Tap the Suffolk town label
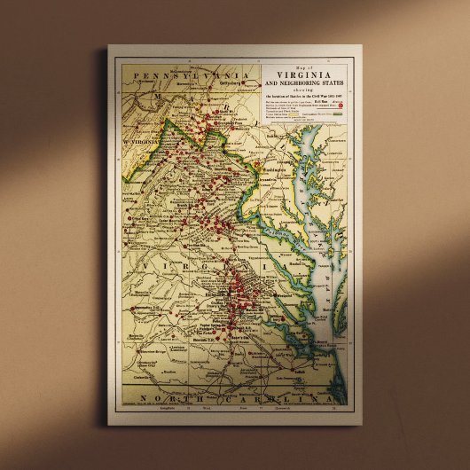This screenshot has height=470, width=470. (x=294, y=372)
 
